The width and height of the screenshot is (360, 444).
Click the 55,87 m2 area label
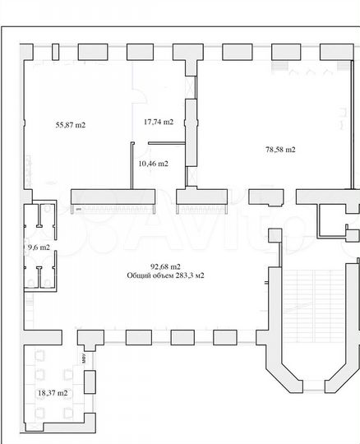coord(71,125)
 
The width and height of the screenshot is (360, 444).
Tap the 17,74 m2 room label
coord(159,122)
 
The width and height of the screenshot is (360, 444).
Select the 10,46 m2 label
coord(154,164)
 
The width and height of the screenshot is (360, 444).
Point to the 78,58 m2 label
coord(280,150)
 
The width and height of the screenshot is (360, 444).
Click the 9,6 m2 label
coord(39,247)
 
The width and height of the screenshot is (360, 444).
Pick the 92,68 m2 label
coord(165,266)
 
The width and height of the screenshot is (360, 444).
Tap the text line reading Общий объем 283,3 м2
coord(165,275)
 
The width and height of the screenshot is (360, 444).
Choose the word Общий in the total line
coord(138,275)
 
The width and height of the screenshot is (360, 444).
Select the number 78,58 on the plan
coord(275,150)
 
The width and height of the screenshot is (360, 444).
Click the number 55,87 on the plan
coord(65,125)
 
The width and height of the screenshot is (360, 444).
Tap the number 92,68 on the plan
coord(159,266)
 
